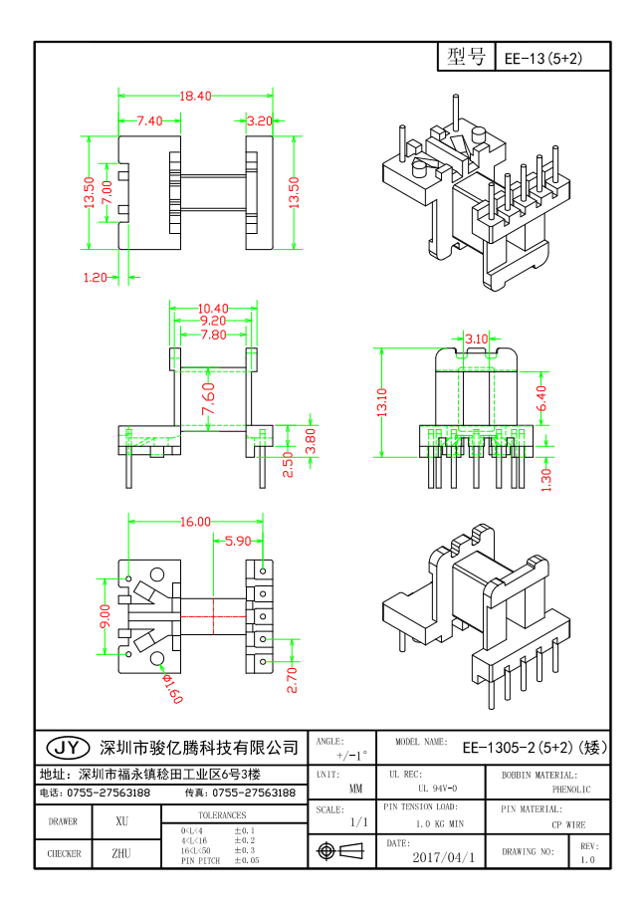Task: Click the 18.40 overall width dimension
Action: coord(195,97)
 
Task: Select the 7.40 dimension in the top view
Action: coord(149,120)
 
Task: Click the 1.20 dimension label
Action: coord(95,278)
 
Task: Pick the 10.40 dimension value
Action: coord(213,308)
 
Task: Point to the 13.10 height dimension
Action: coord(382,403)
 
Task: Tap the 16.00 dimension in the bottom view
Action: coord(195,522)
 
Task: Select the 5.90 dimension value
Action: coord(238,542)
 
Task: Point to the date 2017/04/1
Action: coord(443,856)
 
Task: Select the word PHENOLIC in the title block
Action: coord(570,790)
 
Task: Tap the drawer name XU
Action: coord(121,821)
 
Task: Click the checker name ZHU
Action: coord(121,853)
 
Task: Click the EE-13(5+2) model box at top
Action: coord(542,59)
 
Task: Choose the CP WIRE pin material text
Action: coord(567,824)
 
